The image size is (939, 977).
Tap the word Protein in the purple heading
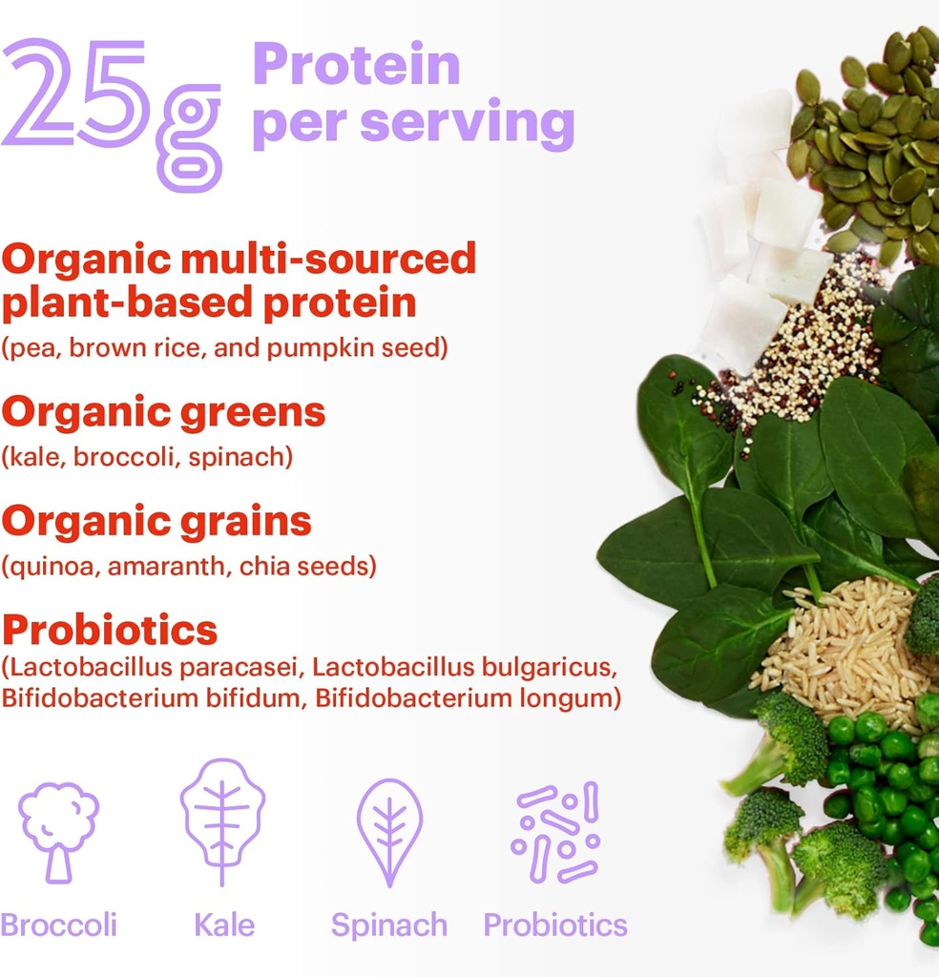[356, 65]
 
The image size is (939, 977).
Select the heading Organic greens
[163, 412]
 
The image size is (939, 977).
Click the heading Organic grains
[156, 521]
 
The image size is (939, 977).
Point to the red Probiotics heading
[110, 630]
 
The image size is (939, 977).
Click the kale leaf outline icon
[222, 821]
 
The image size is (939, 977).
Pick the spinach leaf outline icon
[388, 826]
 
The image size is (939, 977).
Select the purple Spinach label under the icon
[388, 925]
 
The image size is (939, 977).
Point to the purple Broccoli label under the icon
[58, 925]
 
